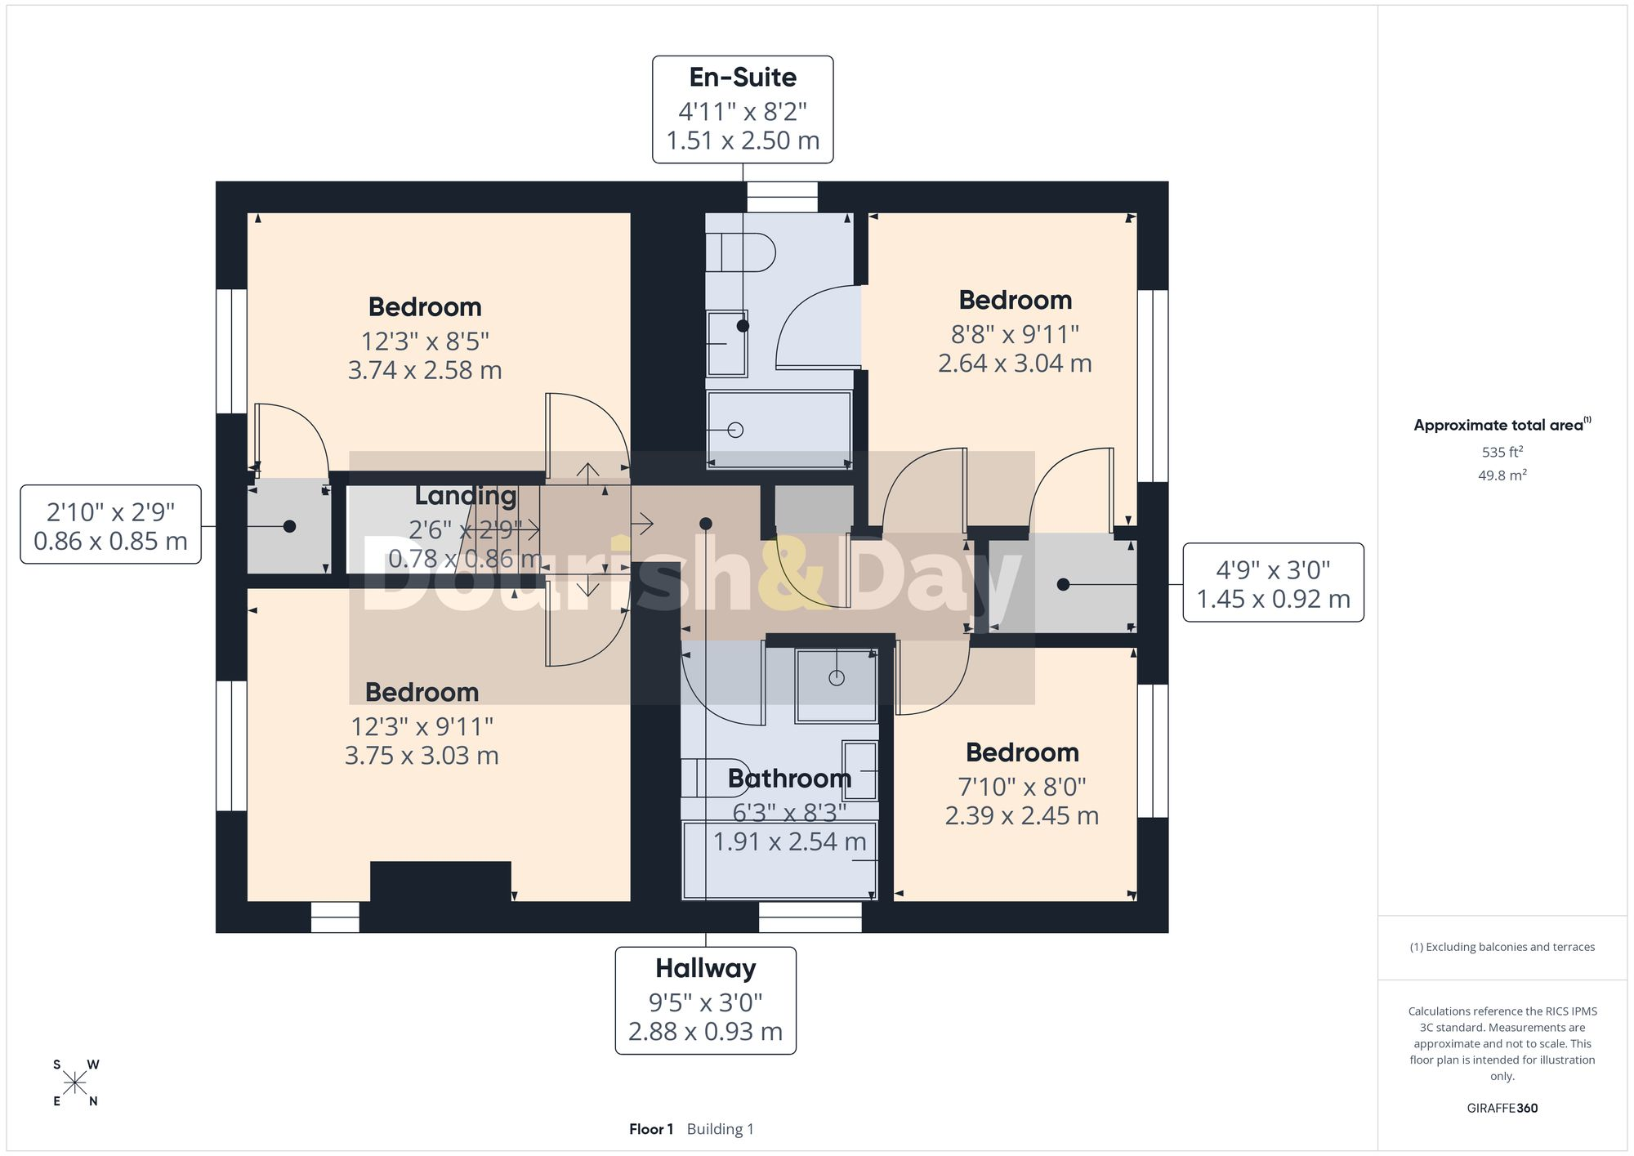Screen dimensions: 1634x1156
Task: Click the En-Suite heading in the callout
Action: tap(743, 77)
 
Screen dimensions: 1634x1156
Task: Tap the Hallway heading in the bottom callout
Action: tap(706, 969)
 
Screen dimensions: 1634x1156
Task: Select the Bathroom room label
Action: tap(789, 779)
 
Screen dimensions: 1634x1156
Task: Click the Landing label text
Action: tap(466, 496)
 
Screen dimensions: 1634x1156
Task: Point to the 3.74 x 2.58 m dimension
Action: tap(425, 370)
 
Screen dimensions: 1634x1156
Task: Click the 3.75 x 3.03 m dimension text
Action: tap(422, 756)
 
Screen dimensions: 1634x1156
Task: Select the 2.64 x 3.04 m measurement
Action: tap(1015, 363)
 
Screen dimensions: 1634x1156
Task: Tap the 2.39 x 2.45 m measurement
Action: tap(1022, 815)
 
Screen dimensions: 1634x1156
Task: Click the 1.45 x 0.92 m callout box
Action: tap(1274, 582)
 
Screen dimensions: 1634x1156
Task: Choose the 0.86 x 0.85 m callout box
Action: tap(111, 524)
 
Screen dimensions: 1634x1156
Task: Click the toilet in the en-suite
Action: tap(740, 252)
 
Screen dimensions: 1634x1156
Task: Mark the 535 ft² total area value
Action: tap(1502, 452)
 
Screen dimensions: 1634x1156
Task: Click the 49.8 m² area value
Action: tap(1502, 475)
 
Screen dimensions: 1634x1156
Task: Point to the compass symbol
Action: tap(75, 1083)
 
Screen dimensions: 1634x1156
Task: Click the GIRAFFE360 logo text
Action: tap(1502, 1109)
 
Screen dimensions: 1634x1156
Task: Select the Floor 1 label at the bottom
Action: tap(651, 1129)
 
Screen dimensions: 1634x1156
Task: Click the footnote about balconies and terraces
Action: tap(1502, 947)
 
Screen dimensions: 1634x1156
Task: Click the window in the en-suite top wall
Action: tap(782, 197)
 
